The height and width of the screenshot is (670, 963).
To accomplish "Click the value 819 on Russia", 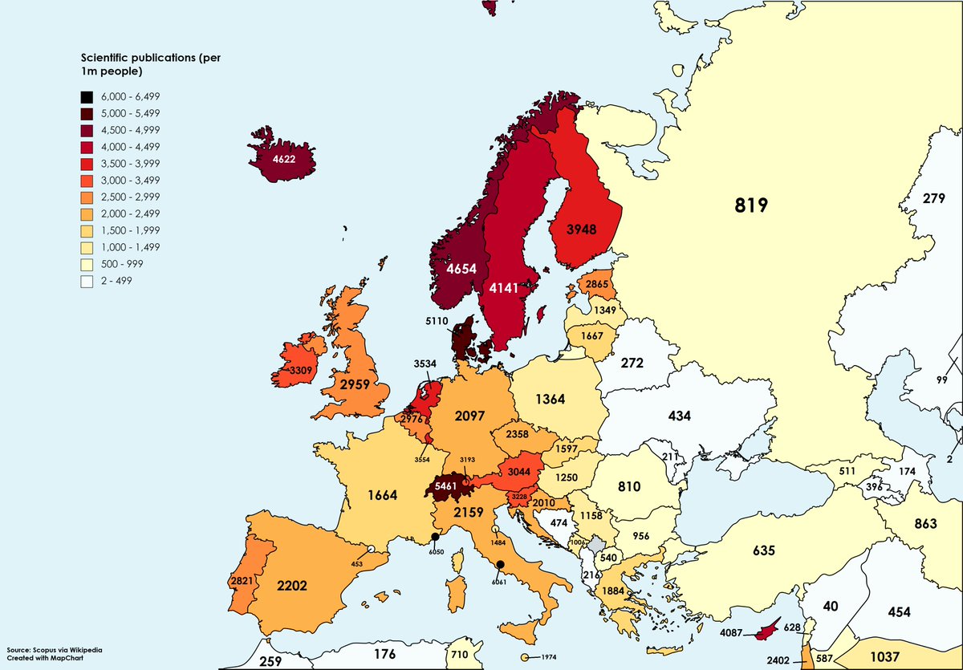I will (x=752, y=205).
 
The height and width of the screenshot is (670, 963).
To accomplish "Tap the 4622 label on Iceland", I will (x=283, y=160).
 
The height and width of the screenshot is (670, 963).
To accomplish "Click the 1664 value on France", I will (x=383, y=495).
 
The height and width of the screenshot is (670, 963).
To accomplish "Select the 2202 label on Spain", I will (x=291, y=586).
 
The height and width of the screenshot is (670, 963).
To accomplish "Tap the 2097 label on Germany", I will (x=470, y=415).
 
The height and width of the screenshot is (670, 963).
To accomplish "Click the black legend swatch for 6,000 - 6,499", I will (x=87, y=95).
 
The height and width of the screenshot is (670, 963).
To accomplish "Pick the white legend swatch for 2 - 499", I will (x=87, y=281).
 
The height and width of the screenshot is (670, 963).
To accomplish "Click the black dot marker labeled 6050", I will (x=434, y=537).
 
